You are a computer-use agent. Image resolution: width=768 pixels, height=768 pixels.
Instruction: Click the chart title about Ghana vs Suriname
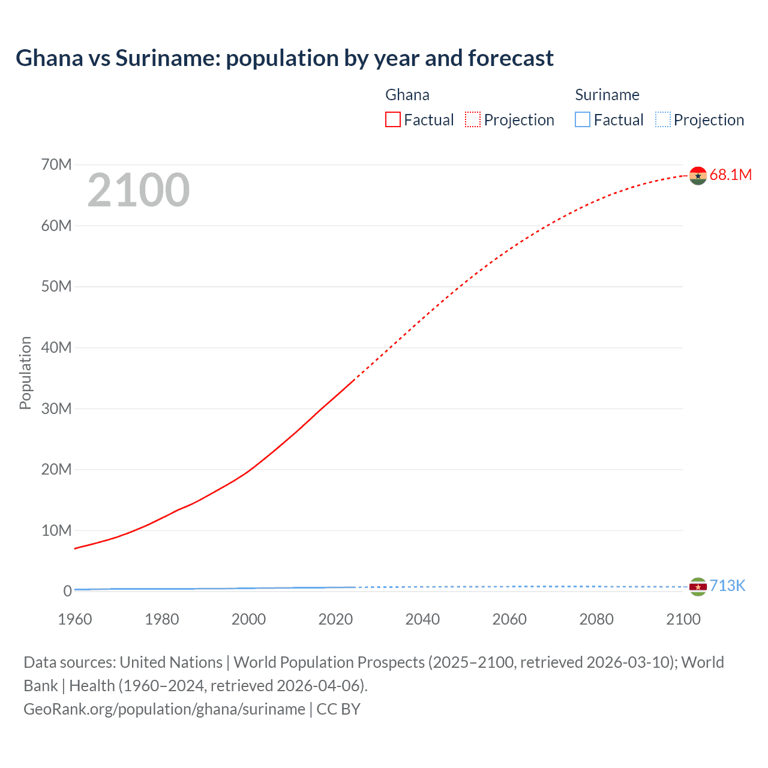click(284, 58)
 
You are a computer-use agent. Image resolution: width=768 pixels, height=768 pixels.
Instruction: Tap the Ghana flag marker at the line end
click(698, 175)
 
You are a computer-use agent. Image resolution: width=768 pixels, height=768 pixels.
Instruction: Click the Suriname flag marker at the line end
click(698, 587)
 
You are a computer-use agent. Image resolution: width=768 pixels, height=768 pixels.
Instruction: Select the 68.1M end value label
click(730, 175)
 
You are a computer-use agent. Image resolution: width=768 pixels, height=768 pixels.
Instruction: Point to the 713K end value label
click(727, 586)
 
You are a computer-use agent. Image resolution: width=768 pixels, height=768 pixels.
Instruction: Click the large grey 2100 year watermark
click(139, 190)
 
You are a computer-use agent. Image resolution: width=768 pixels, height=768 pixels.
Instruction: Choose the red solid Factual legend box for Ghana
click(393, 119)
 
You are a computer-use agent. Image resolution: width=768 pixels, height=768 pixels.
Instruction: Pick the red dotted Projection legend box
click(473, 119)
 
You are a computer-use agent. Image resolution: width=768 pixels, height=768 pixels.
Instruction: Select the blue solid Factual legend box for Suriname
click(583, 119)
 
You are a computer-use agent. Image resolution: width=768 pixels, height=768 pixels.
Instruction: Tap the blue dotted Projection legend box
click(663, 119)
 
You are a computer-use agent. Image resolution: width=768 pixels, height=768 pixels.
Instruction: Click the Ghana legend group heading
click(407, 95)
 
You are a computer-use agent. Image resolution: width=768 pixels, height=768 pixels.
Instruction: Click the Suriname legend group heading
click(607, 95)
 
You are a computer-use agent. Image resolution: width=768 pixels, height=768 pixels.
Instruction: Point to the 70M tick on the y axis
click(56, 164)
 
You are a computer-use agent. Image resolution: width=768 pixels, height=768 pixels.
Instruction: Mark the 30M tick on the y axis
click(56, 409)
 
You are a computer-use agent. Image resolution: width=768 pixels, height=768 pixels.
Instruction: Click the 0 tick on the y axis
click(67, 591)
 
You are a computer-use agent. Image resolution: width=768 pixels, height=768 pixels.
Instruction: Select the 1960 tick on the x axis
click(75, 619)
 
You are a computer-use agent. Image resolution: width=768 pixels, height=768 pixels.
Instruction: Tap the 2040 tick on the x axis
click(422, 619)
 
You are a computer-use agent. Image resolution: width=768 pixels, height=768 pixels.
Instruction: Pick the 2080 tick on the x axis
click(596, 619)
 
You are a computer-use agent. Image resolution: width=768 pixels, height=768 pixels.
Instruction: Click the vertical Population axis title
click(25, 373)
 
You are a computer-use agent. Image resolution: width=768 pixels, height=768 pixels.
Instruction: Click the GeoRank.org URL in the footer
click(164, 709)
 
